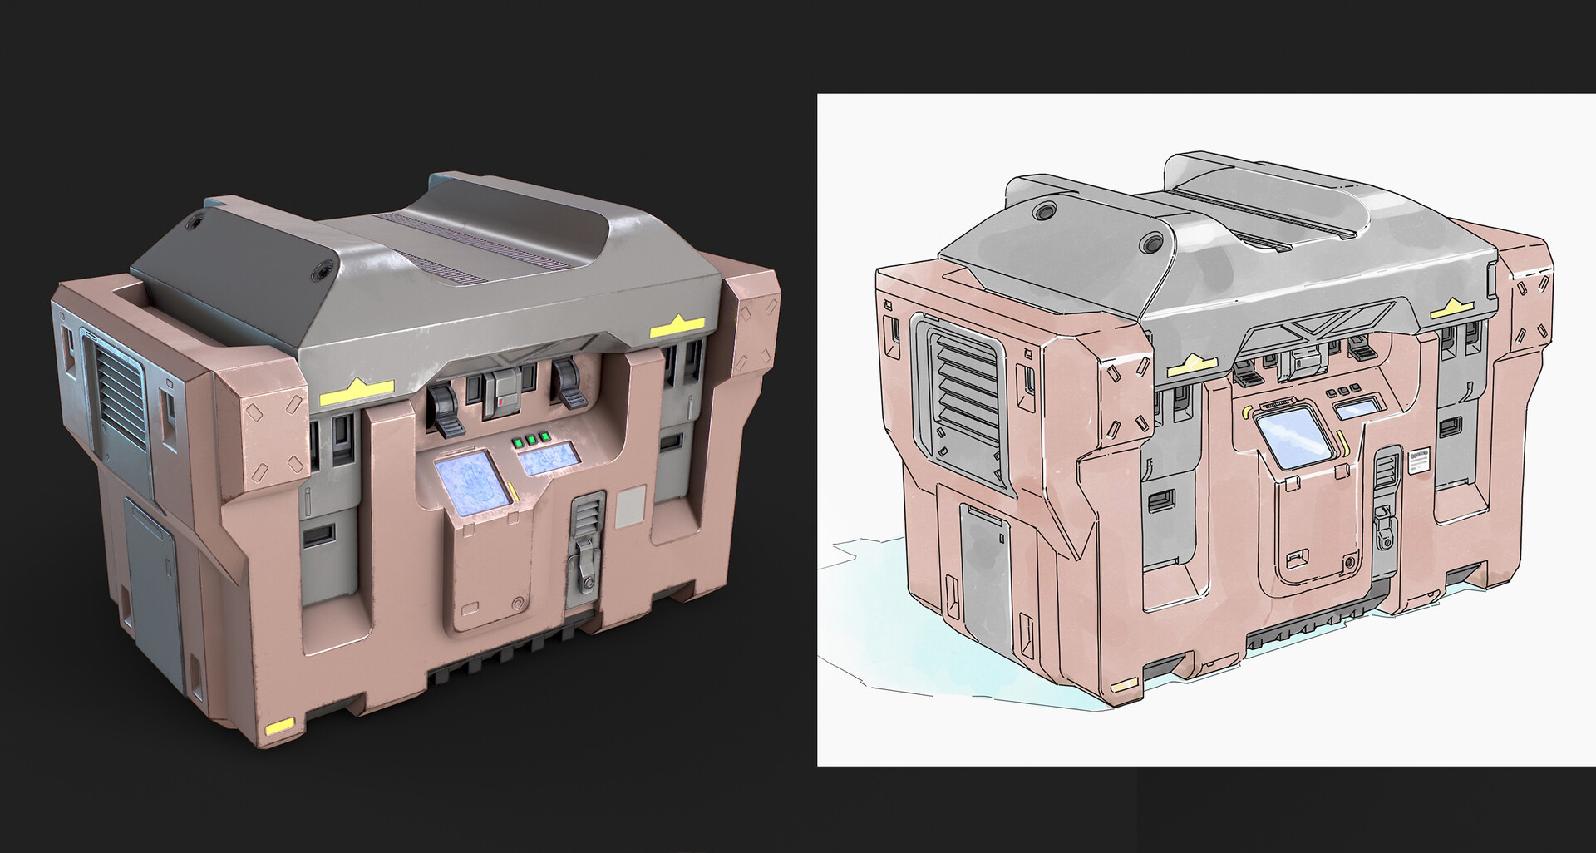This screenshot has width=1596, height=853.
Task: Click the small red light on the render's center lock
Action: pos(501,401)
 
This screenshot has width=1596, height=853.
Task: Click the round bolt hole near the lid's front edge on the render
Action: pos(319,270)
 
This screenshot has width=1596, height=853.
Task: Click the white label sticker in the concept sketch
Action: pos(1420,462)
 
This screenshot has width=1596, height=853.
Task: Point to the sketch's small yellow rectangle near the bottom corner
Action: pos(1124,686)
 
